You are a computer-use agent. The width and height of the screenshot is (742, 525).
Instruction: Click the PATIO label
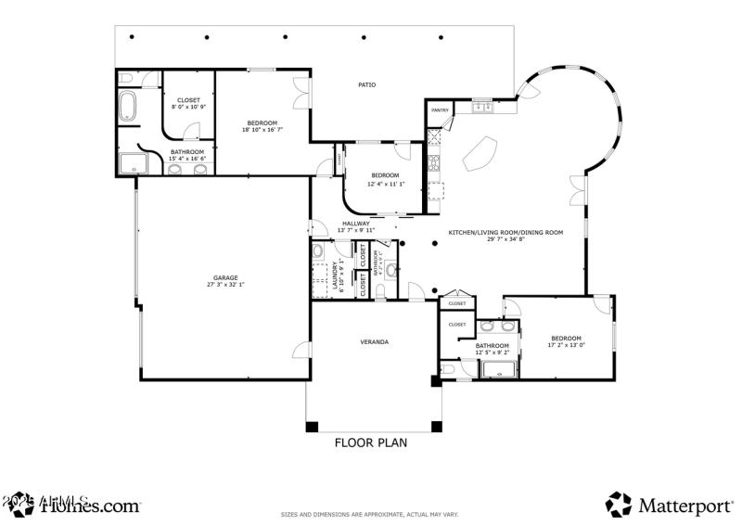(366, 85)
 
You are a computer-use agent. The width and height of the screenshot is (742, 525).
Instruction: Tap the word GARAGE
(224, 277)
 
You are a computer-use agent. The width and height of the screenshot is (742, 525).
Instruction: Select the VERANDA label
(374, 342)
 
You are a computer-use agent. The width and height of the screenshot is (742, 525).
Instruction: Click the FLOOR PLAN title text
(371, 442)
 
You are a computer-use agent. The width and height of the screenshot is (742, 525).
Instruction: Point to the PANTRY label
(440, 110)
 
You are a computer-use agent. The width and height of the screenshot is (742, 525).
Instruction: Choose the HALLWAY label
(355, 224)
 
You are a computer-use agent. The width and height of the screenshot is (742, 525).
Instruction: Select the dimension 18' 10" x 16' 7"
(262, 130)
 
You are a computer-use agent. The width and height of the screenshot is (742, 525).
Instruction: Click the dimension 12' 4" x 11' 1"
(384, 183)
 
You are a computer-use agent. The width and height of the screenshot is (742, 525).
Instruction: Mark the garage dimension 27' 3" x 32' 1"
(224, 285)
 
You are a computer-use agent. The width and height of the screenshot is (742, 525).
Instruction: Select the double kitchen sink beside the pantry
(482, 109)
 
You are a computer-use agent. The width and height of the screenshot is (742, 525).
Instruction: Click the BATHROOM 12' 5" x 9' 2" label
(492, 349)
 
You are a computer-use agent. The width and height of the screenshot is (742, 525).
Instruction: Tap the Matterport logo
(672, 505)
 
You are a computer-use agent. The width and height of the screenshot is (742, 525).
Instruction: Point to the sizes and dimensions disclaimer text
(370, 515)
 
